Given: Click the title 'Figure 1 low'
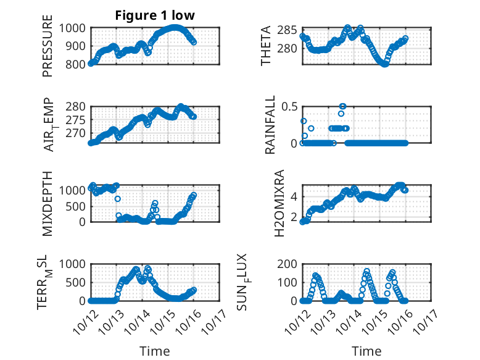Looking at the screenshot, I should point(155,16).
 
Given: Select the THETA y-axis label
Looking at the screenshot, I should point(267,46).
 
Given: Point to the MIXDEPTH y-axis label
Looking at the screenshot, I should point(48,204).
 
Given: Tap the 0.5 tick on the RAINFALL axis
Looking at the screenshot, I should point(290,106).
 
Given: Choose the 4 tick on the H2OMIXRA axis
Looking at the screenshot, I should point(295,196).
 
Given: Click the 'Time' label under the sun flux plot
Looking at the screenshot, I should point(366,351).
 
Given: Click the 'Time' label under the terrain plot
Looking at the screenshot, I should point(155,351).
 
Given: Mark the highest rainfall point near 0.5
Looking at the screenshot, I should point(343,106).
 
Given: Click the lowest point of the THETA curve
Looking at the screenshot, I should point(385,64).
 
